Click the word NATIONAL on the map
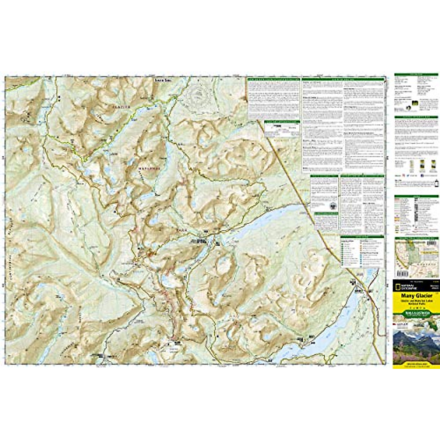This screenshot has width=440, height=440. coord(148,168)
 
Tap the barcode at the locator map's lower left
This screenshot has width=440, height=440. coord(401,274)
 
